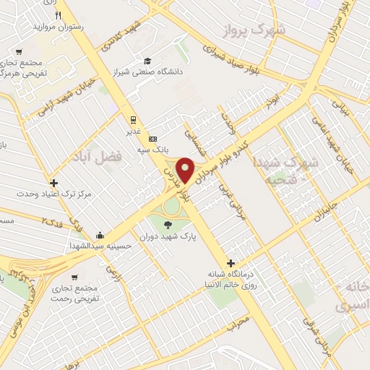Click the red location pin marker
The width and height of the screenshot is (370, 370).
(186, 170)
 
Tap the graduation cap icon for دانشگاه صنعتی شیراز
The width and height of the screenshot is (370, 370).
(148, 61)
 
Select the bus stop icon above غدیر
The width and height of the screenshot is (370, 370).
(132, 120)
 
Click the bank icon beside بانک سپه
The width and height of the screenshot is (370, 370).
(152, 139)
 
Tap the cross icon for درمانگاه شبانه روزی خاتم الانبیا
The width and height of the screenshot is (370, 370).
(231, 263)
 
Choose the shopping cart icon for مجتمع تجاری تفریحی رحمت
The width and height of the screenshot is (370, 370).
(73, 277)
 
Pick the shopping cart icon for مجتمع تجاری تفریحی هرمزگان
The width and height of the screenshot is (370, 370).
(19, 51)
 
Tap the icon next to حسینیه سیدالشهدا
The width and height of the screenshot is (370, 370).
(98, 236)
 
